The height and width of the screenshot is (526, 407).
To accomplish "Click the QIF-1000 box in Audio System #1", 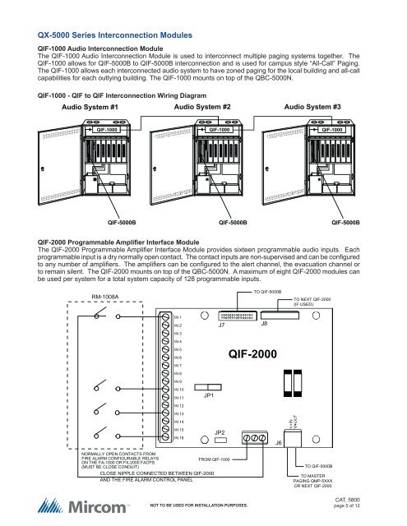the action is pos(106,129).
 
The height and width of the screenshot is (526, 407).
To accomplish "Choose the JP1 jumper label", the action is pos(209,395).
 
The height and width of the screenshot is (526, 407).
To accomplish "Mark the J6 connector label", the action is pos(279,443).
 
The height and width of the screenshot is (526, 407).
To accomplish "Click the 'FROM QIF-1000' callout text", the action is pos(220,459).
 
